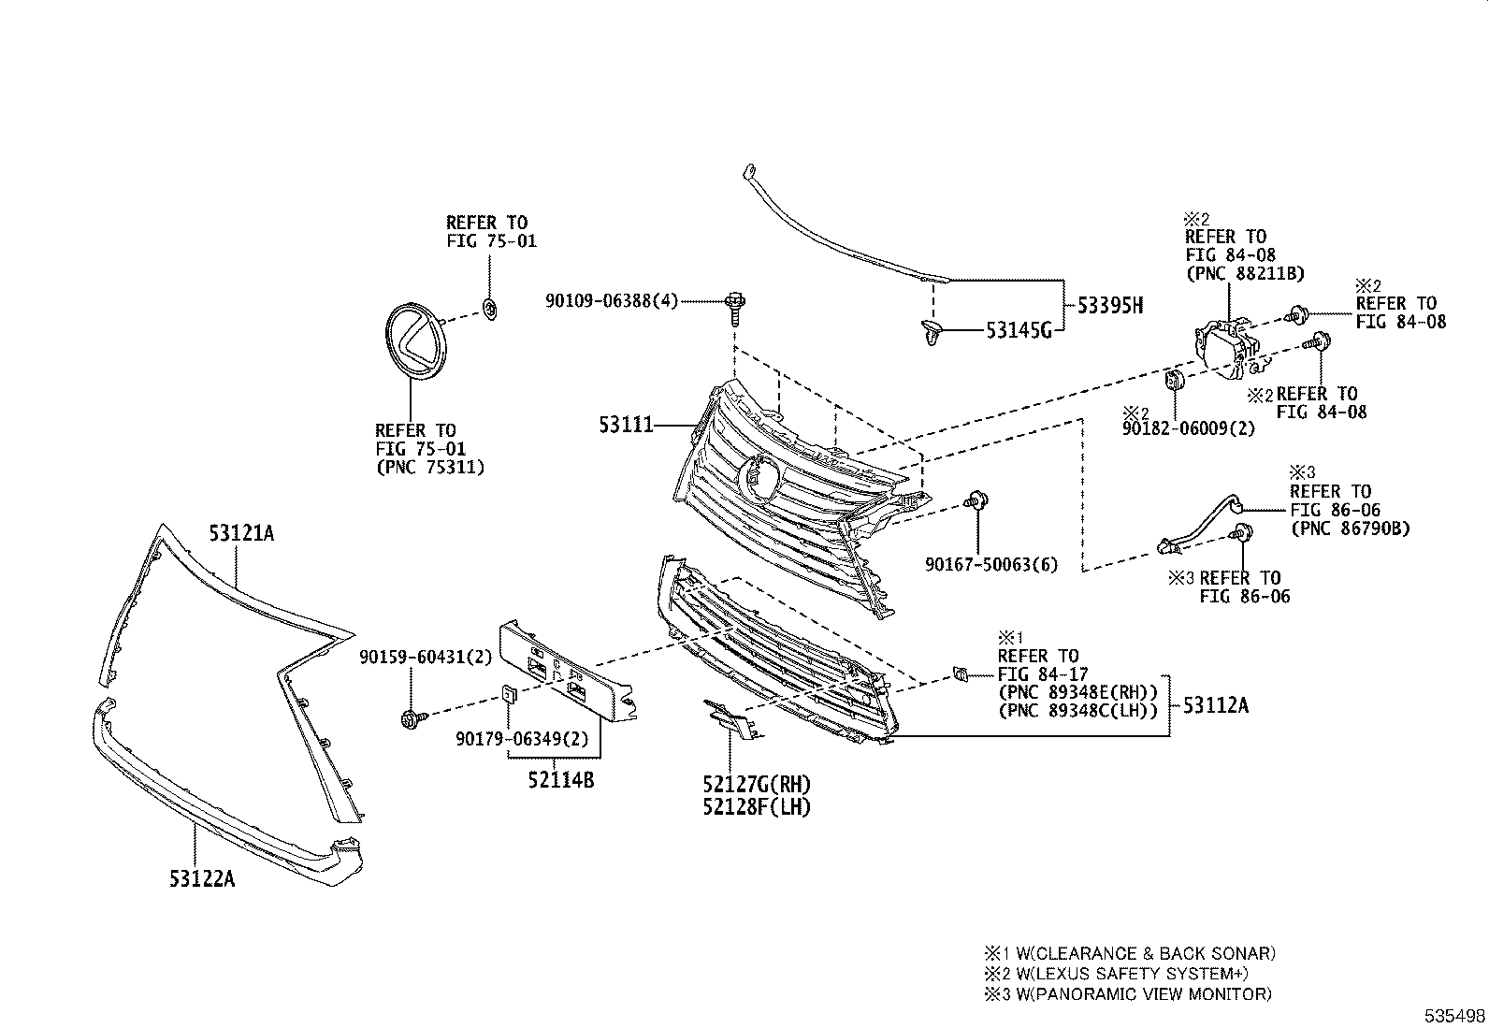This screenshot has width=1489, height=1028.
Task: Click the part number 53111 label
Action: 626,425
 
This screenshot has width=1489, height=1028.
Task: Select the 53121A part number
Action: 241,533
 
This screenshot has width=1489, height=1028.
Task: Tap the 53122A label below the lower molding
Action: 202,878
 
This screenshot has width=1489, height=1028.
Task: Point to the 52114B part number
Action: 562,779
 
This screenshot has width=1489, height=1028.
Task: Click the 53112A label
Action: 1215,705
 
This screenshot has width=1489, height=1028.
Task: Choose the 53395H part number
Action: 1109,306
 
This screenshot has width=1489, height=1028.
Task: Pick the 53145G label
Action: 1019,329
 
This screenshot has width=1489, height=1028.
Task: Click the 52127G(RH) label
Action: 757,784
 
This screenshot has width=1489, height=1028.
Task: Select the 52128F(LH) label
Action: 757,805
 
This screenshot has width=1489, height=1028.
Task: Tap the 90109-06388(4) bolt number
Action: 611,300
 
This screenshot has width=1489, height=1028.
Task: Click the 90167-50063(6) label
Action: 991,564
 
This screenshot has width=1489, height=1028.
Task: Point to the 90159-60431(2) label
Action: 425,658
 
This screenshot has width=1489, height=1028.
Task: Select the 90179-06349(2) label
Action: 523,739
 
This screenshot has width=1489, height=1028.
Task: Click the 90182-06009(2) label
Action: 1189,428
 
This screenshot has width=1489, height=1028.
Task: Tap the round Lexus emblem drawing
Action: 414,340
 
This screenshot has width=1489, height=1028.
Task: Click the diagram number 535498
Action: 1455,1016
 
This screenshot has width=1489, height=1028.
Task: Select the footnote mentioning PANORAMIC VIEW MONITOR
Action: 1128,994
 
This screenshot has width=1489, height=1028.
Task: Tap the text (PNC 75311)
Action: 430,467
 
